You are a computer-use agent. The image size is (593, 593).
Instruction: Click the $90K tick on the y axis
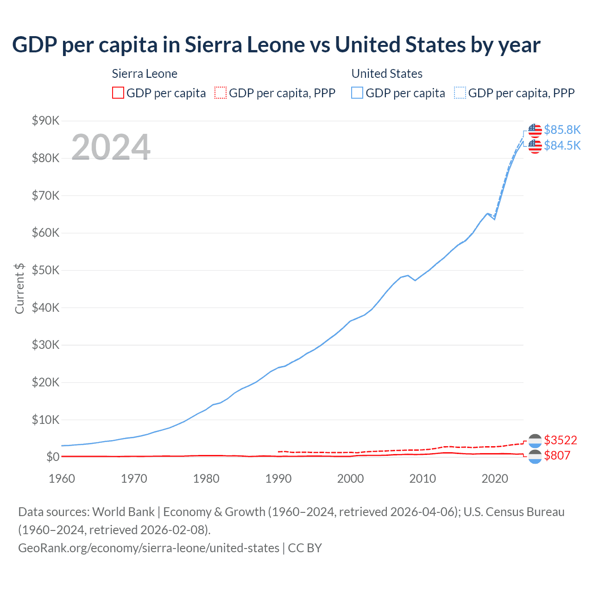(45, 121)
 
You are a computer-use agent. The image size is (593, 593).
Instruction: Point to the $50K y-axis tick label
(45, 271)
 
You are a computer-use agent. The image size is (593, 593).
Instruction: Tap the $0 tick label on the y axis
(53, 457)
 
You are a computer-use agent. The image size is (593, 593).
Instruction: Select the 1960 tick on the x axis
(62, 479)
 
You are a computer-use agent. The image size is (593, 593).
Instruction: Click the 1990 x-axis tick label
(278, 479)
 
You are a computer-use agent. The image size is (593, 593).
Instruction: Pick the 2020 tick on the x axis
(495, 479)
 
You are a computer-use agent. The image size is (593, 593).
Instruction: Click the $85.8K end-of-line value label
(562, 130)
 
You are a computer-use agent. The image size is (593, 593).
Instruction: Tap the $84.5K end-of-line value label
(562, 145)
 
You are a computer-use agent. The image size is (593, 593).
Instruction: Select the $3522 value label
(560, 440)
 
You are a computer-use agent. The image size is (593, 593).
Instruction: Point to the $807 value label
(557, 456)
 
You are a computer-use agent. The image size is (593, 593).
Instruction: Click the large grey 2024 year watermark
(111, 147)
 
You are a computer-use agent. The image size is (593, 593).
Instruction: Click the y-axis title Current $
(19, 288)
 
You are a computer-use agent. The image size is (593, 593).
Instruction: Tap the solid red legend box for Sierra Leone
(118, 93)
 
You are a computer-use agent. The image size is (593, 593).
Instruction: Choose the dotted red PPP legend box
(221, 93)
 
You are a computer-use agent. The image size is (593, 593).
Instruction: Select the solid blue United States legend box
(357, 93)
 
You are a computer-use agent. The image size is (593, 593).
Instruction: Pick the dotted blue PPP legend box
(460, 93)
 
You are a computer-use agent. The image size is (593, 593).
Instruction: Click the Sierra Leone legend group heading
(145, 74)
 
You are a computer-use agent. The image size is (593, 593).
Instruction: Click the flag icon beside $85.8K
(535, 131)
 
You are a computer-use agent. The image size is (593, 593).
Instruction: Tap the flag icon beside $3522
(535, 441)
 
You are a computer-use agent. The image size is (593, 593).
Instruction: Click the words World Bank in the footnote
(123, 512)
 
